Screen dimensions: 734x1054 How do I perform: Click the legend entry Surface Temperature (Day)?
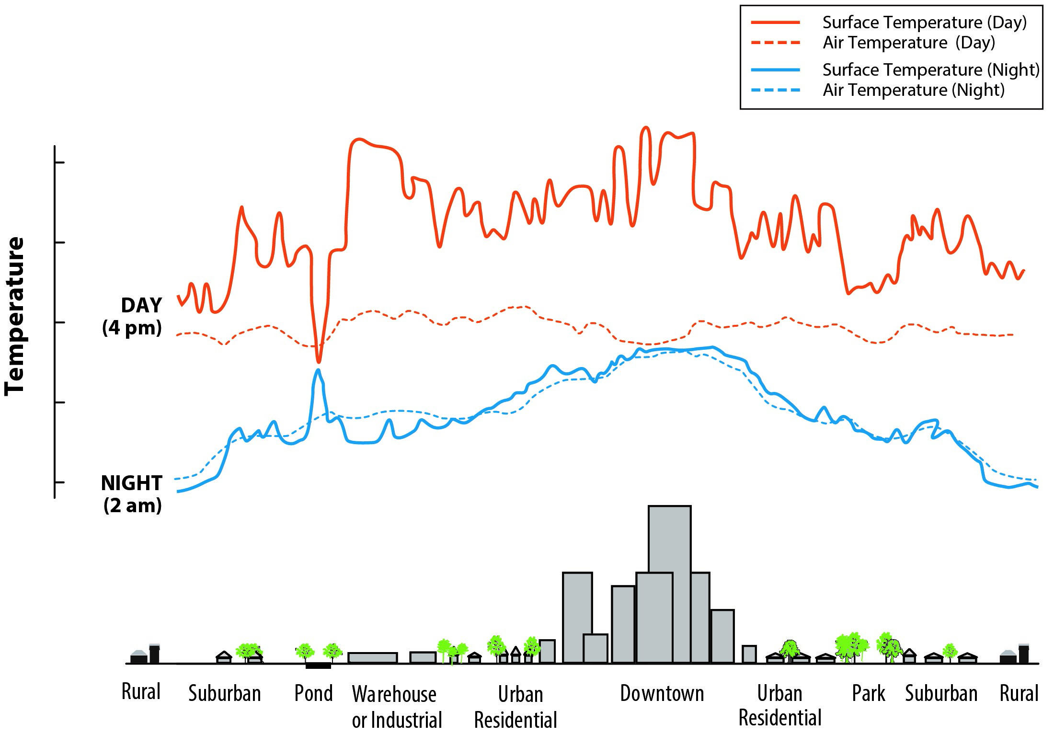click(x=924, y=23)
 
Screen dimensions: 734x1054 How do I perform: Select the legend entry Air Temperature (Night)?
click(x=913, y=90)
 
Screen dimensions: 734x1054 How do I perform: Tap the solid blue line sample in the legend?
click(x=776, y=70)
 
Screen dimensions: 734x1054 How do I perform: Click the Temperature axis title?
click(x=14, y=316)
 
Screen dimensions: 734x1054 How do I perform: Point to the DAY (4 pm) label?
click(x=132, y=316)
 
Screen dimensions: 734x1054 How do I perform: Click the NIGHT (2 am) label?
click(x=132, y=494)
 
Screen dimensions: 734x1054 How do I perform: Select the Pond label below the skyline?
click(x=313, y=693)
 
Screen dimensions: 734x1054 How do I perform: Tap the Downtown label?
click(x=662, y=693)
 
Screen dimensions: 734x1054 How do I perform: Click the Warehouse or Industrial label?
click(x=396, y=707)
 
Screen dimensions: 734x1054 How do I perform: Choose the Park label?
click(x=868, y=693)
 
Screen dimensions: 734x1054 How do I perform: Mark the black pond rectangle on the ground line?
click(x=318, y=665)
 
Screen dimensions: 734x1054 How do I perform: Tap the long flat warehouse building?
click(x=372, y=657)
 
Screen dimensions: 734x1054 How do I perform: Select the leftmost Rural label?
click(x=140, y=692)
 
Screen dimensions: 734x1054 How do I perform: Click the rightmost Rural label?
click(x=1019, y=693)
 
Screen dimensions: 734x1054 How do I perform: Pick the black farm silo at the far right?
click(x=1023, y=654)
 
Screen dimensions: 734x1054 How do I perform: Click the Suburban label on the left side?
click(x=224, y=693)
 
